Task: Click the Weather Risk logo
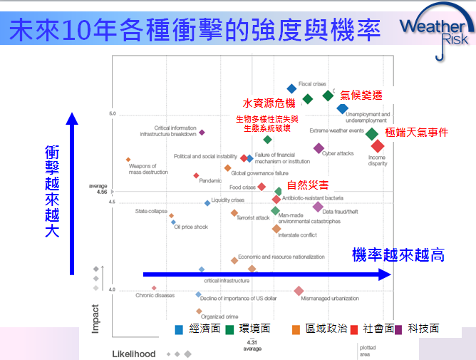434,31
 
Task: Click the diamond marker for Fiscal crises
291,89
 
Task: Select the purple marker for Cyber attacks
319,148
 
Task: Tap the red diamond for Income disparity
378,146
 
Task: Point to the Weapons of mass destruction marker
128,160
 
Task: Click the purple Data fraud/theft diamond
318,207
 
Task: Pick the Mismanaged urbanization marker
299,290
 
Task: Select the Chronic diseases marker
154,288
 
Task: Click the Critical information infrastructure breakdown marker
202,132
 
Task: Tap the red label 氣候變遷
361,95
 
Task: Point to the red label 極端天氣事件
416,132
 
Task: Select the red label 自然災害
307,185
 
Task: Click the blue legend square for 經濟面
180,329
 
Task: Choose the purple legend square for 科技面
398,329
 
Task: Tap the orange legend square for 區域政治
296,329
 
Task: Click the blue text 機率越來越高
398,254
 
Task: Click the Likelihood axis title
133,354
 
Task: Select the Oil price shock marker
173,222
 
